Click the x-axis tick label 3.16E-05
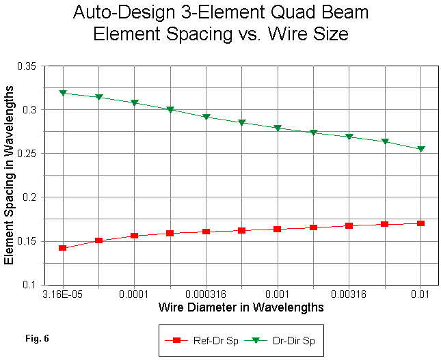pos(63,294)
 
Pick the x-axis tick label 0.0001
pos(135,294)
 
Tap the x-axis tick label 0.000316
pos(206,294)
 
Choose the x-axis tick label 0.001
pos(278,294)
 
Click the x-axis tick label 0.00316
pos(349,294)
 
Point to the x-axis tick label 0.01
pos(420,294)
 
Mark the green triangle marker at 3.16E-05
pos(63,92)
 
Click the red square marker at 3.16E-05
pos(63,248)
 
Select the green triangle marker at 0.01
pos(420,149)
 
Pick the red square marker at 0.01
pos(420,223)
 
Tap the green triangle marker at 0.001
pos(278,128)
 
